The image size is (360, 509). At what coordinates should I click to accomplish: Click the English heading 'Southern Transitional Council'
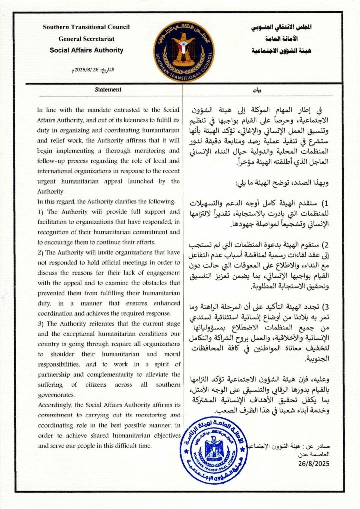coord(86,27)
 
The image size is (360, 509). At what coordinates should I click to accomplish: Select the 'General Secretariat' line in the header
coord(86,39)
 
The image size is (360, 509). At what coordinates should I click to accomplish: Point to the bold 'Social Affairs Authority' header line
coord(86,50)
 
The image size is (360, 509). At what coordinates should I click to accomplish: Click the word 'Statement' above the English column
coord(108,89)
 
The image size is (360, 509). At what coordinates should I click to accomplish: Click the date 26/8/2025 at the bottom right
coord(314,464)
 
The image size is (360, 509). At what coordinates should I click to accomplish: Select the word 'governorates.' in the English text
coord(56,395)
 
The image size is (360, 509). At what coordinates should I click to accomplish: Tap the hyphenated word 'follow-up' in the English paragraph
coord(51,161)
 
